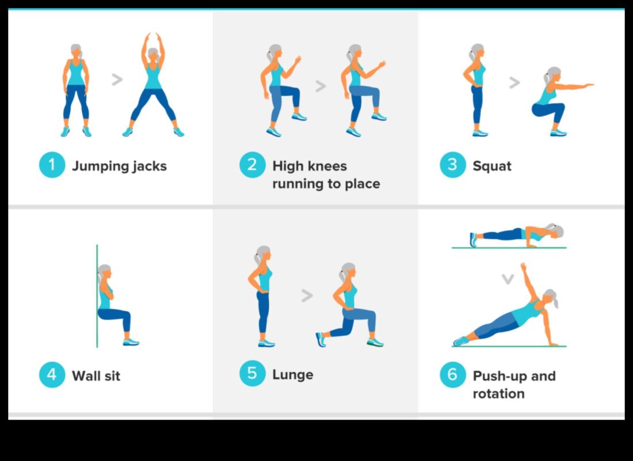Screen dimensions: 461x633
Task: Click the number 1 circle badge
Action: pos(52,165)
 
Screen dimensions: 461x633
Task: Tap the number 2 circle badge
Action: pos(252,165)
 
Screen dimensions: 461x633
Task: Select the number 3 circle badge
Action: pos(452,165)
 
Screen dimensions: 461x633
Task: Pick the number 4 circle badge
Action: pos(52,375)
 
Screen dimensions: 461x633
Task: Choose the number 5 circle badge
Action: pos(252,373)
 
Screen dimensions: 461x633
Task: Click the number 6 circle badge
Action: pos(452,375)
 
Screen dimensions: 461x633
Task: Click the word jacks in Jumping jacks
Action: pos(147,167)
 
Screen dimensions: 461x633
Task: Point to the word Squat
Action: pos(492,166)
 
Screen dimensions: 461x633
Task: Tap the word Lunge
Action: pos(293,375)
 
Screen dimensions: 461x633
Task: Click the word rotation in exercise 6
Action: pos(498,394)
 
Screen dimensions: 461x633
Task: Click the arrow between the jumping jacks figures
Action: pos(117,80)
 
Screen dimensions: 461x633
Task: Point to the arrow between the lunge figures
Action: pos(307,296)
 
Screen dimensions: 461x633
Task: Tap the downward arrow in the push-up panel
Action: pos(507,279)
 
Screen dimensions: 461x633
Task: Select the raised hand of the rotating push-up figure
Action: pos(523,267)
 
